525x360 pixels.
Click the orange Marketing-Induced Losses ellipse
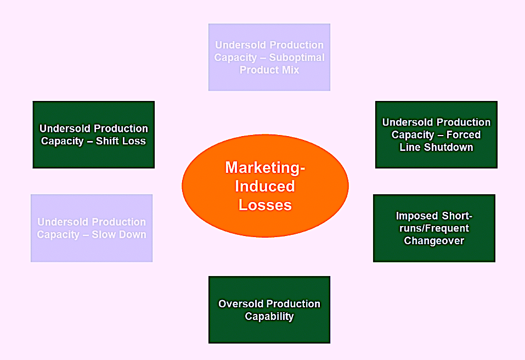(265, 186)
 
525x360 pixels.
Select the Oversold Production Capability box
(269, 310)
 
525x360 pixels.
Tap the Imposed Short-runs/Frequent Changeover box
(434, 228)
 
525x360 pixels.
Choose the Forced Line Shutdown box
(436, 134)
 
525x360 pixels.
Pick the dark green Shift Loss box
(94, 134)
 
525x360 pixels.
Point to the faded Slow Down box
(92, 228)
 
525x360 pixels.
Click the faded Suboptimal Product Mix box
(269, 57)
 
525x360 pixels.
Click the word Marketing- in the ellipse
(265, 168)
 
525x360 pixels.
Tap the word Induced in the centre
(265, 186)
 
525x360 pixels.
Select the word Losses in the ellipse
(265, 205)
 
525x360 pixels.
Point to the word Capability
(269, 317)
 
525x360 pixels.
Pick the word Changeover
(434, 241)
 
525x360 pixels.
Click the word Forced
(464, 134)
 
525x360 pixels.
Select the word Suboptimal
(297, 58)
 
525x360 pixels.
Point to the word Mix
(291, 70)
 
